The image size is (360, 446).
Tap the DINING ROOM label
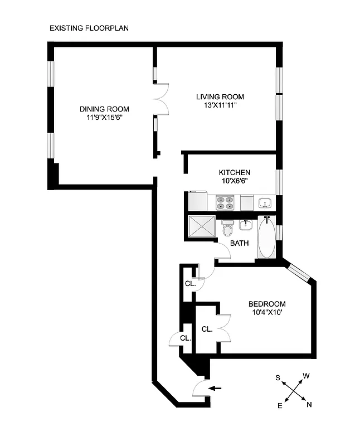click(104, 109)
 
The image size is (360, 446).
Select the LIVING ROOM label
click(220, 96)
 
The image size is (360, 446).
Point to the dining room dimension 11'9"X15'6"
click(104, 118)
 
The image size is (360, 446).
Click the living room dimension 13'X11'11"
click(220, 105)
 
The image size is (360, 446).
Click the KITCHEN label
click(234, 172)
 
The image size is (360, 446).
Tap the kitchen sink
click(265, 202)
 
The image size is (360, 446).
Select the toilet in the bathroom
click(227, 229)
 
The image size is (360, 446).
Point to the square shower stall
click(202, 227)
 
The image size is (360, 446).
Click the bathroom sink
click(246, 225)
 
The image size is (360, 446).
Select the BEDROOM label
click(266, 304)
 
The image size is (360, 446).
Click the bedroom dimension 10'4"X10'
click(266, 313)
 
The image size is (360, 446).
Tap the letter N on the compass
click(309, 404)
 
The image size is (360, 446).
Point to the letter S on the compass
click(278, 378)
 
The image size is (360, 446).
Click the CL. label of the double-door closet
click(207, 329)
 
